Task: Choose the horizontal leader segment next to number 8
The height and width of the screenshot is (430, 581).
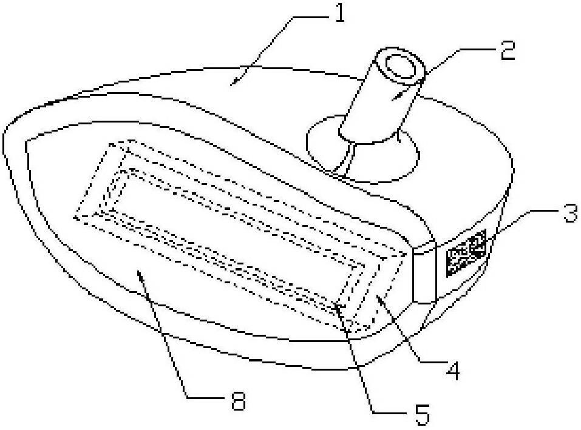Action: click(x=206, y=397)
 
